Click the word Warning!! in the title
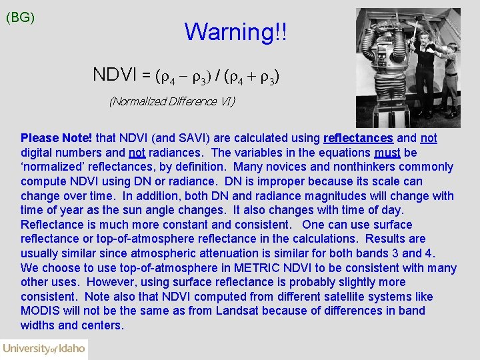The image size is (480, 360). [236, 31]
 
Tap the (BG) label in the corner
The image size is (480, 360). [20, 18]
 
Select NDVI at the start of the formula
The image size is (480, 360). [115, 75]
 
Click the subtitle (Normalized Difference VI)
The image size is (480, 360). [172, 101]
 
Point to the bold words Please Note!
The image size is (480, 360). [57, 138]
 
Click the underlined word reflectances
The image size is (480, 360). [358, 138]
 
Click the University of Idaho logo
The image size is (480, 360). [44, 349]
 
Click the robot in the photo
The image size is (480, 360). [389, 67]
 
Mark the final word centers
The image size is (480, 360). [103, 325]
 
